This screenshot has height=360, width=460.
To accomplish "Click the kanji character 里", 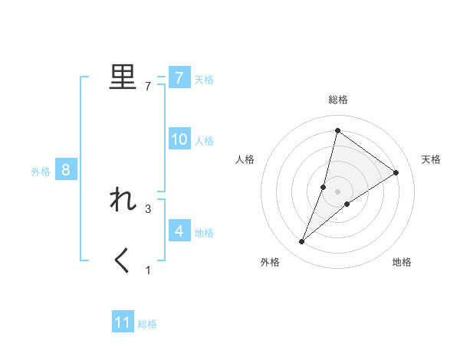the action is pos(123,77).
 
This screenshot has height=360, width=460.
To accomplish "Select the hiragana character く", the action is pos(123,261).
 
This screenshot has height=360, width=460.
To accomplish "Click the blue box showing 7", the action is pos(179,77).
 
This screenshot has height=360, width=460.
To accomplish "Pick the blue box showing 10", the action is pos(179,139).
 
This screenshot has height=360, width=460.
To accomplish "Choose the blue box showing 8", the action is pos(66,170).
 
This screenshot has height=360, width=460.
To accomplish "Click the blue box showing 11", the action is pos(123,322).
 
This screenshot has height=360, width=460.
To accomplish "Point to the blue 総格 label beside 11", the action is pos(147,324).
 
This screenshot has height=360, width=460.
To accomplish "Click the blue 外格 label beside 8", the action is pos(41,172).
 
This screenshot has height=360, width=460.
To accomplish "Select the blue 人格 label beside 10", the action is pos(204,141).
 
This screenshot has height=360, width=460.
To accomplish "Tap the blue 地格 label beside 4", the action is pos(204,232).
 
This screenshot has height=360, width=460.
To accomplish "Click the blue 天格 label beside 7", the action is pos(204,79).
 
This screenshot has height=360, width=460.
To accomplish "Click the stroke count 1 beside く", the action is pos(148,270).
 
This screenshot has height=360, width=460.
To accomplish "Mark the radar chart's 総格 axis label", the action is pos(337,100).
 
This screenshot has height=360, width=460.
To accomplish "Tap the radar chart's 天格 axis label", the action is pos(431,159).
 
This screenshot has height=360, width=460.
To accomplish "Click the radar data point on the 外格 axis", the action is pos(302,242).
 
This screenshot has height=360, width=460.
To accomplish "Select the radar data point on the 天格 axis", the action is pos(396,172).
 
